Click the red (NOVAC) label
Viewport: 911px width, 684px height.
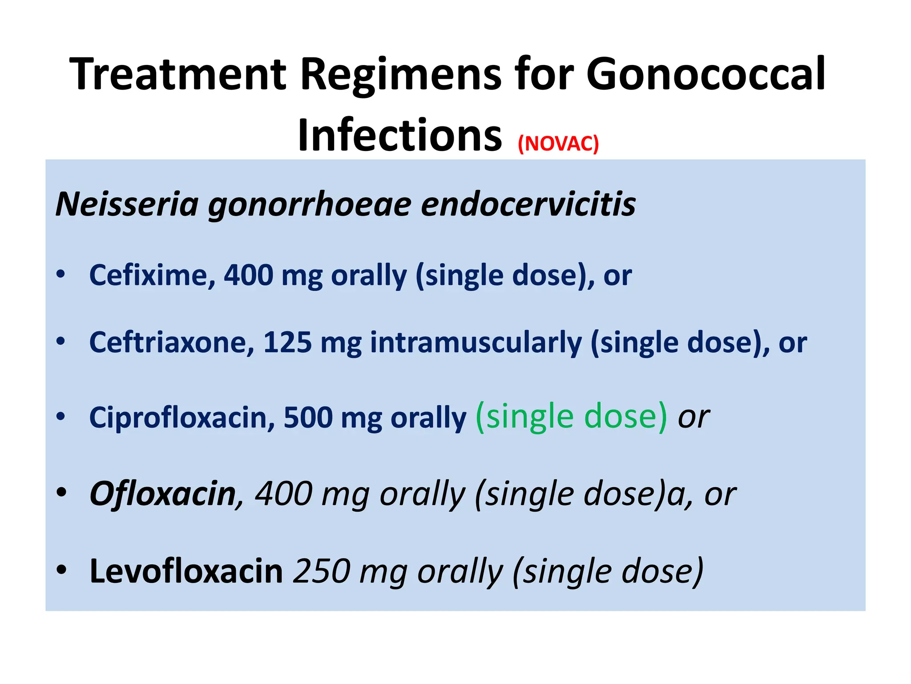[558, 144]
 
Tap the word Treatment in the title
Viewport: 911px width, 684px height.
[178, 74]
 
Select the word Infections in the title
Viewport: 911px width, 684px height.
[400, 135]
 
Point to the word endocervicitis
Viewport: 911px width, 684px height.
[528, 204]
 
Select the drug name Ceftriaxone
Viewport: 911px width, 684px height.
[172, 342]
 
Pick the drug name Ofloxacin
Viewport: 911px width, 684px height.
[163, 494]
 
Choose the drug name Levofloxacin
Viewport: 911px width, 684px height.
[186, 571]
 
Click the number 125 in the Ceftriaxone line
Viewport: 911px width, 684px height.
[287, 342]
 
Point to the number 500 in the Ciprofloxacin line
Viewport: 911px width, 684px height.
[308, 418]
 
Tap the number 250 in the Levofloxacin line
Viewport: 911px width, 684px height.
[322, 571]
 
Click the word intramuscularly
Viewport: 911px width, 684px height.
[476, 342]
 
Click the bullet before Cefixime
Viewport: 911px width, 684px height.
[61, 274]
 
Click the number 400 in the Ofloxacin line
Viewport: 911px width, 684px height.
[283, 494]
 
